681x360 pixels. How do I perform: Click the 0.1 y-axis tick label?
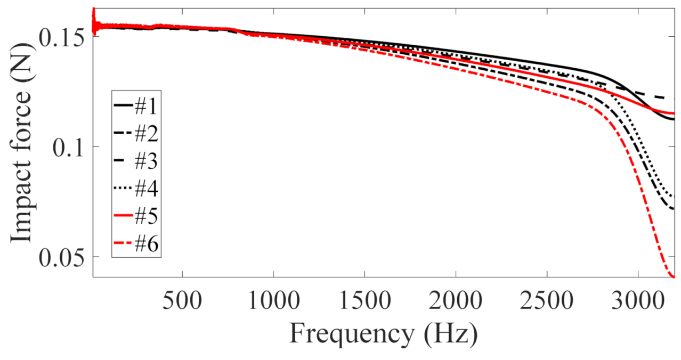(68, 146)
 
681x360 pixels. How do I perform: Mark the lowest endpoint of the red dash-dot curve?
(674, 276)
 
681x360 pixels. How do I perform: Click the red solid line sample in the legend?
(123, 217)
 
